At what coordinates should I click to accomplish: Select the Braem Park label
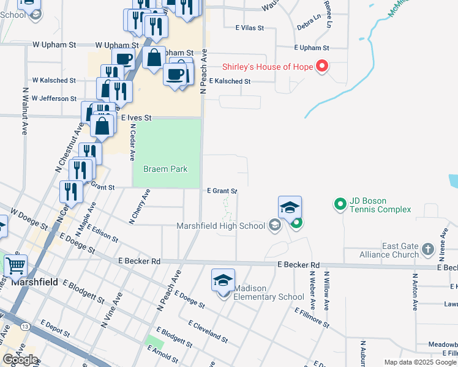pyautogui.click(x=165, y=169)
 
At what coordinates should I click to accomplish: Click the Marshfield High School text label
pyautogui.click(x=220, y=226)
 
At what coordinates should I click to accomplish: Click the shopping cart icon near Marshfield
pyautogui.click(x=15, y=266)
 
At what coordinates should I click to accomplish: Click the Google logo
pyautogui.click(x=21, y=359)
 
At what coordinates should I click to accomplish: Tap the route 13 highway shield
pyautogui.click(x=23, y=327)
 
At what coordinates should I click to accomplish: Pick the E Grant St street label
pyautogui.click(x=221, y=191)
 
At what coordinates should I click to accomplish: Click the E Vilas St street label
pyautogui.click(x=249, y=28)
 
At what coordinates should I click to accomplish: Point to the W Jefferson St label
pyautogui.click(x=54, y=98)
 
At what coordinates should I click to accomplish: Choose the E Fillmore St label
pyautogui.click(x=313, y=318)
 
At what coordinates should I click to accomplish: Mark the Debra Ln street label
pyautogui.click(x=308, y=28)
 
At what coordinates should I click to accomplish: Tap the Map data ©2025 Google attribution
pyautogui.click(x=420, y=362)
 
